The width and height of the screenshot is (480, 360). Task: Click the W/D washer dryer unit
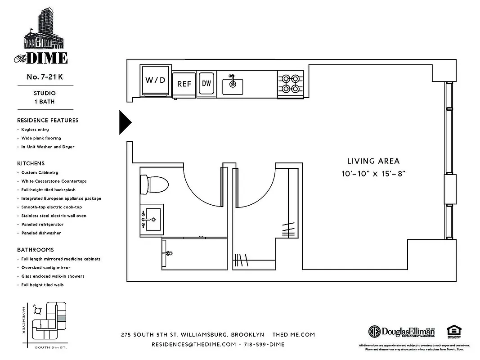pyautogui.click(x=156, y=81)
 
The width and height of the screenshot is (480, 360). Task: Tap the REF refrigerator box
pyautogui.click(x=184, y=84)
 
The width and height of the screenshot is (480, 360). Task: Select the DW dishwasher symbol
pyautogui.click(x=206, y=83)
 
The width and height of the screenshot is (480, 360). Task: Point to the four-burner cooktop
pyautogui.click(x=290, y=83)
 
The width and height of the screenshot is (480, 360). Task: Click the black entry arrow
pyautogui.click(x=125, y=122)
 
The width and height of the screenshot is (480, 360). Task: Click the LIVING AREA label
pyautogui.click(x=373, y=161)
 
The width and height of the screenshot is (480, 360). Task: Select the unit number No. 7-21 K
pyautogui.click(x=45, y=77)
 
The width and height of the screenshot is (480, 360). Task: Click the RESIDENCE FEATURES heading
pyautogui.click(x=48, y=120)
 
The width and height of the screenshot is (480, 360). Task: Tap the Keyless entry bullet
pyautogui.click(x=35, y=130)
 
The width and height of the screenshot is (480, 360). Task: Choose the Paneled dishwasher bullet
pyautogui.click(x=41, y=233)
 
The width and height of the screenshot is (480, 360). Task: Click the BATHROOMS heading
pyautogui.click(x=35, y=250)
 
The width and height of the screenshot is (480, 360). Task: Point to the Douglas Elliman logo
pyautogui.click(x=402, y=331)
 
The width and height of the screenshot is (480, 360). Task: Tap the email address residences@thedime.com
pyautogui.click(x=193, y=344)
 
